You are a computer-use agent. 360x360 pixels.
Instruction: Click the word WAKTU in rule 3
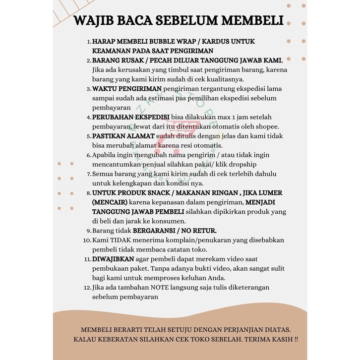(x=106, y=89)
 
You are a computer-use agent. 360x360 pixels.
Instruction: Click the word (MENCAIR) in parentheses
(x=110, y=202)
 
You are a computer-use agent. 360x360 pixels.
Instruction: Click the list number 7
(x=89, y=174)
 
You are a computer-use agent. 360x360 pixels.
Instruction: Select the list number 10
(x=87, y=240)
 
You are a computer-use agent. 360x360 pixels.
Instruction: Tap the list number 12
(x=87, y=288)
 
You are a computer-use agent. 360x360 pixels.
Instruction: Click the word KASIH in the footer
(x=279, y=340)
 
